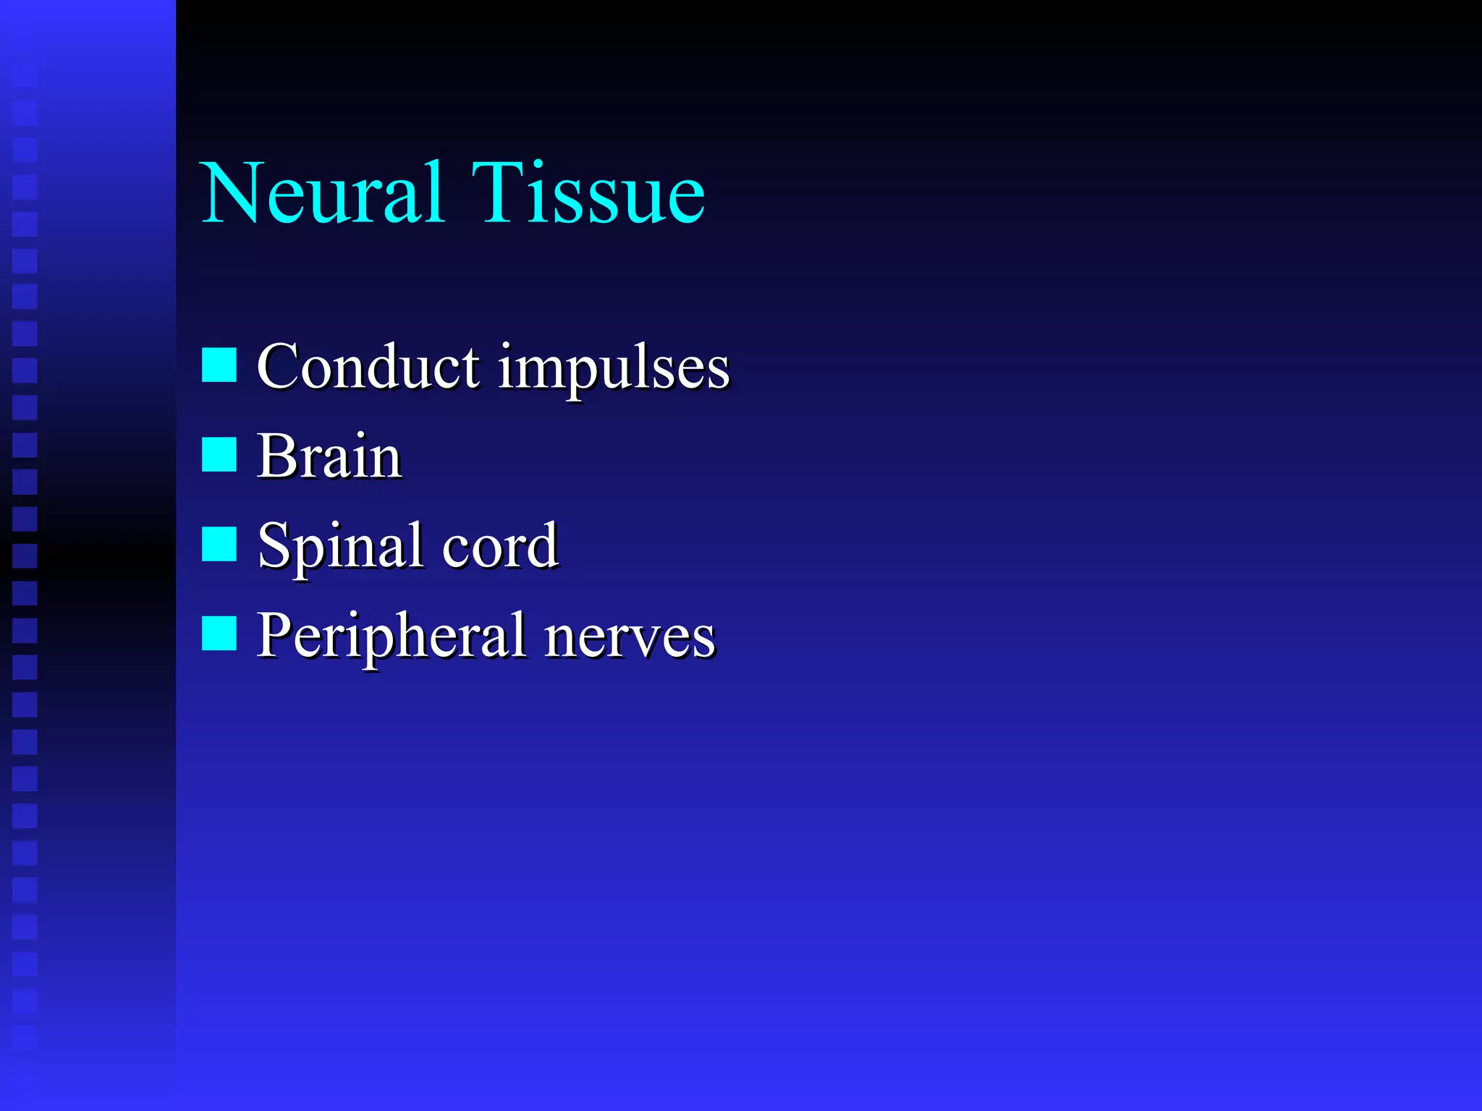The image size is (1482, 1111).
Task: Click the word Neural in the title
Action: [322, 194]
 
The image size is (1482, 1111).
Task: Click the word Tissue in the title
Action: [588, 194]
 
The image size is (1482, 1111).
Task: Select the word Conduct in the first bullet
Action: [368, 367]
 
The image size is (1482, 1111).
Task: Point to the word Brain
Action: [329, 457]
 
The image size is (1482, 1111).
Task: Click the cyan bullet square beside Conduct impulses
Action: [219, 365]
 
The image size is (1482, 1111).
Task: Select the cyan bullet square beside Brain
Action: [219, 454]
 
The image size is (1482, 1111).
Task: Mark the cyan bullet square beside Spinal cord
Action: [219, 544]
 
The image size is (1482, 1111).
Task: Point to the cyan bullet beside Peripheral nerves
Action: [219, 634]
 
